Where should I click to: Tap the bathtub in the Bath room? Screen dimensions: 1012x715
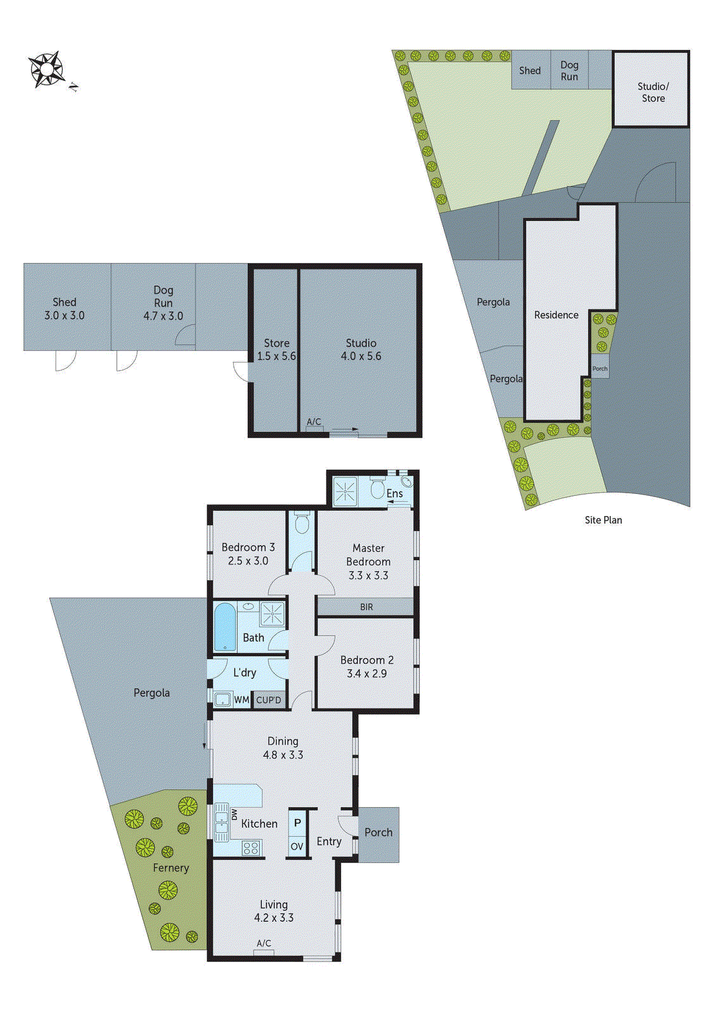(x=224, y=627)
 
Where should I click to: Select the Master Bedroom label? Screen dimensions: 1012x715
(x=368, y=555)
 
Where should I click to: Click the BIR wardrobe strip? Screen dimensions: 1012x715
(x=366, y=607)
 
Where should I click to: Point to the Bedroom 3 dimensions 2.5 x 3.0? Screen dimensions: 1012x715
(x=248, y=561)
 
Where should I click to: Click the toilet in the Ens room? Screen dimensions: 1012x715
(x=377, y=490)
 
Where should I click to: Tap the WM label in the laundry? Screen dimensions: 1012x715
(x=241, y=700)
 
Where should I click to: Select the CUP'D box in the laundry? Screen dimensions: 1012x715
(x=269, y=700)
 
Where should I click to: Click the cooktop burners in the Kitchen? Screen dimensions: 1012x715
(x=251, y=848)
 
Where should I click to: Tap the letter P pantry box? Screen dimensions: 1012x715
(x=297, y=823)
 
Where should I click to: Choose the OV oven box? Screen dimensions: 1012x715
(x=297, y=846)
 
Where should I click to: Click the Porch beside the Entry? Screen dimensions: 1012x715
(x=378, y=833)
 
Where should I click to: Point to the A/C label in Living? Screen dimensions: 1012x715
(x=264, y=943)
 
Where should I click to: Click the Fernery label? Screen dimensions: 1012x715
(x=171, y=868)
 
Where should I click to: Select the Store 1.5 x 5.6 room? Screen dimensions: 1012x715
(x=276, y=350)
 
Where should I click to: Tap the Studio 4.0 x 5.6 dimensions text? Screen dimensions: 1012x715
(x=361, y=356)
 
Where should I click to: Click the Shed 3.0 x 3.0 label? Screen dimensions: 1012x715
(x=64, y=309)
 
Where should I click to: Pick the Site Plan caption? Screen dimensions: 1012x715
(x=603, y=520)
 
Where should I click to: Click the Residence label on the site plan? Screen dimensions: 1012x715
(x=556, y=315)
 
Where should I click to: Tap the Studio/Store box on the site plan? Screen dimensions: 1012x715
(x=652, y=92)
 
